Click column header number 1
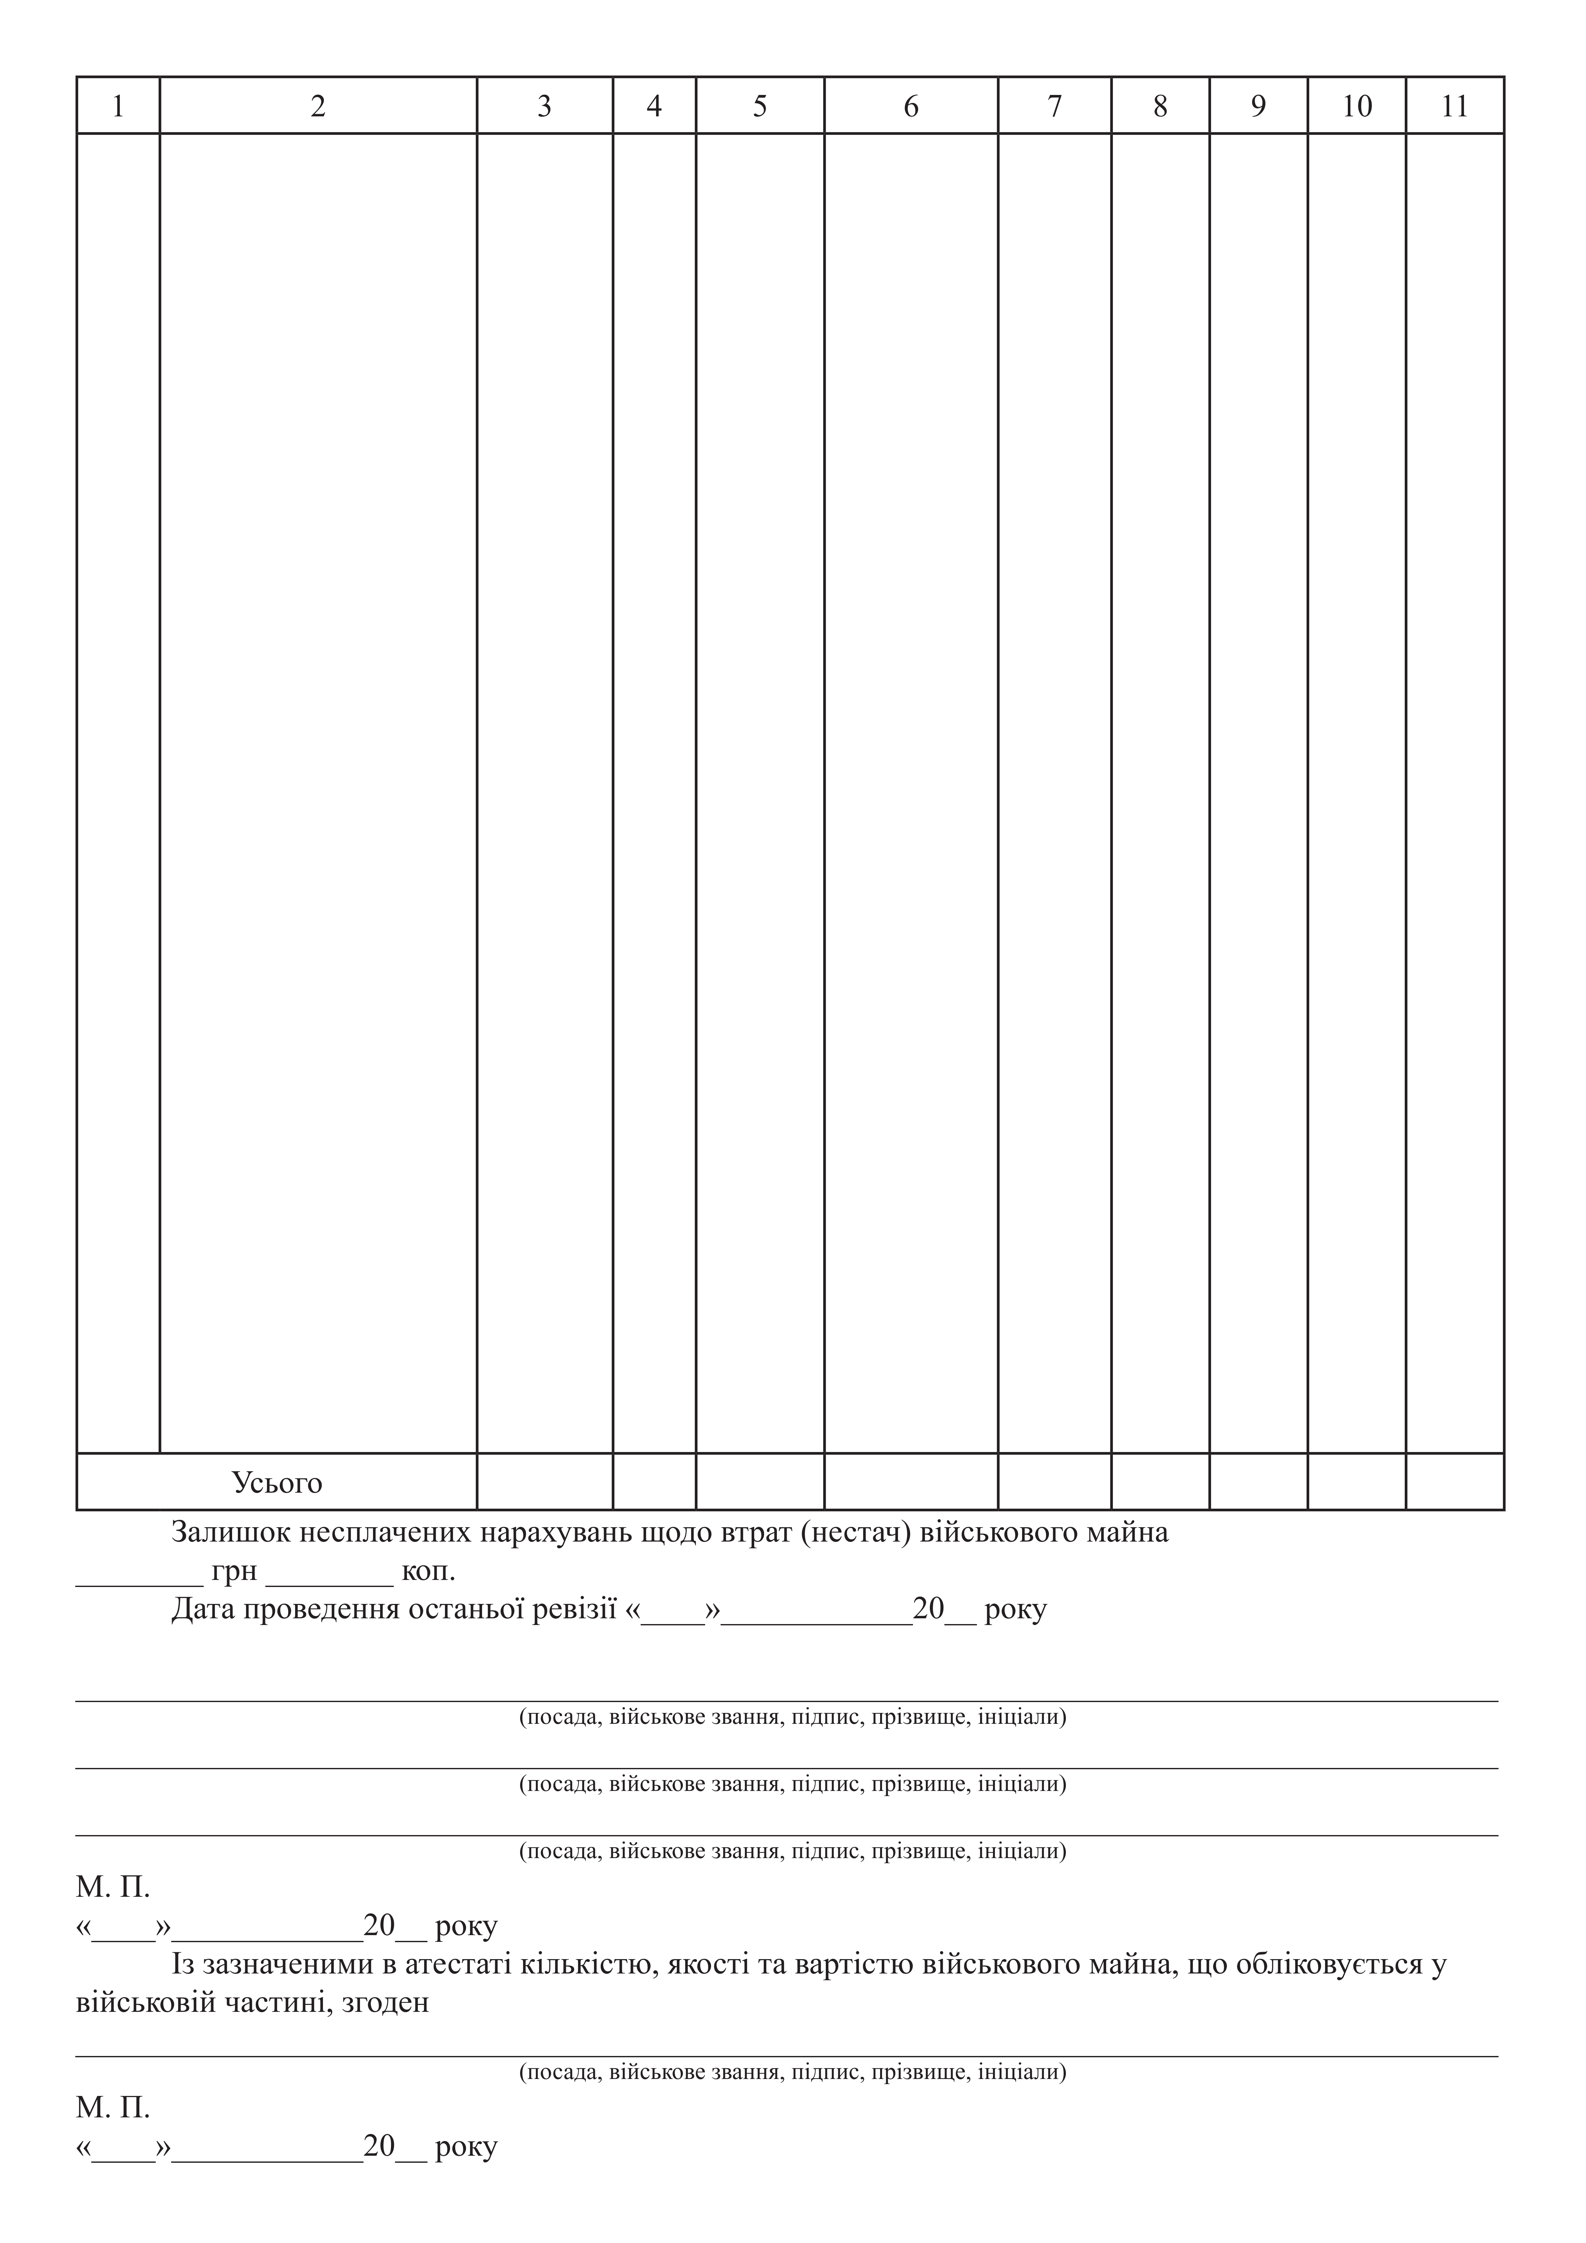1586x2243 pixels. pos(118,106)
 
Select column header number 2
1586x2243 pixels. pos(317,106)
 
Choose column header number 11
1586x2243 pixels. pos(1455,106)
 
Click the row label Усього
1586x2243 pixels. pos(277,1483)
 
